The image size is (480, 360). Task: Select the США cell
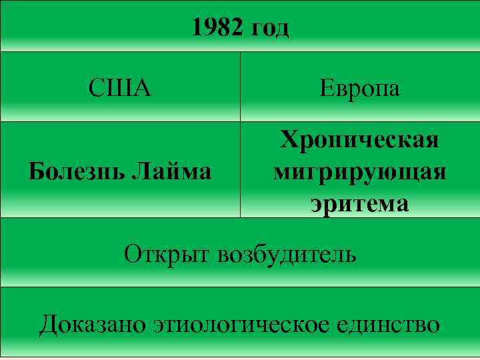click(120, 88)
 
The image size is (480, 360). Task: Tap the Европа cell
click(359, 88)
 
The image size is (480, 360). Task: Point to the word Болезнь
click(75, 172)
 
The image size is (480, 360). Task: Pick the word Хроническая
click(359, 141)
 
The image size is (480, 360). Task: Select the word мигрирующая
click(359, 172)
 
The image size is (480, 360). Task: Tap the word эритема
click(359, 203)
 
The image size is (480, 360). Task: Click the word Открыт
click(167, 253)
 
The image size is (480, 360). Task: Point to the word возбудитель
click(287, 253)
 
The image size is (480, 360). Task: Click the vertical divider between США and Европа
click(240, 87)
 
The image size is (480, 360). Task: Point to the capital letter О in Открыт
click(132, 253)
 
